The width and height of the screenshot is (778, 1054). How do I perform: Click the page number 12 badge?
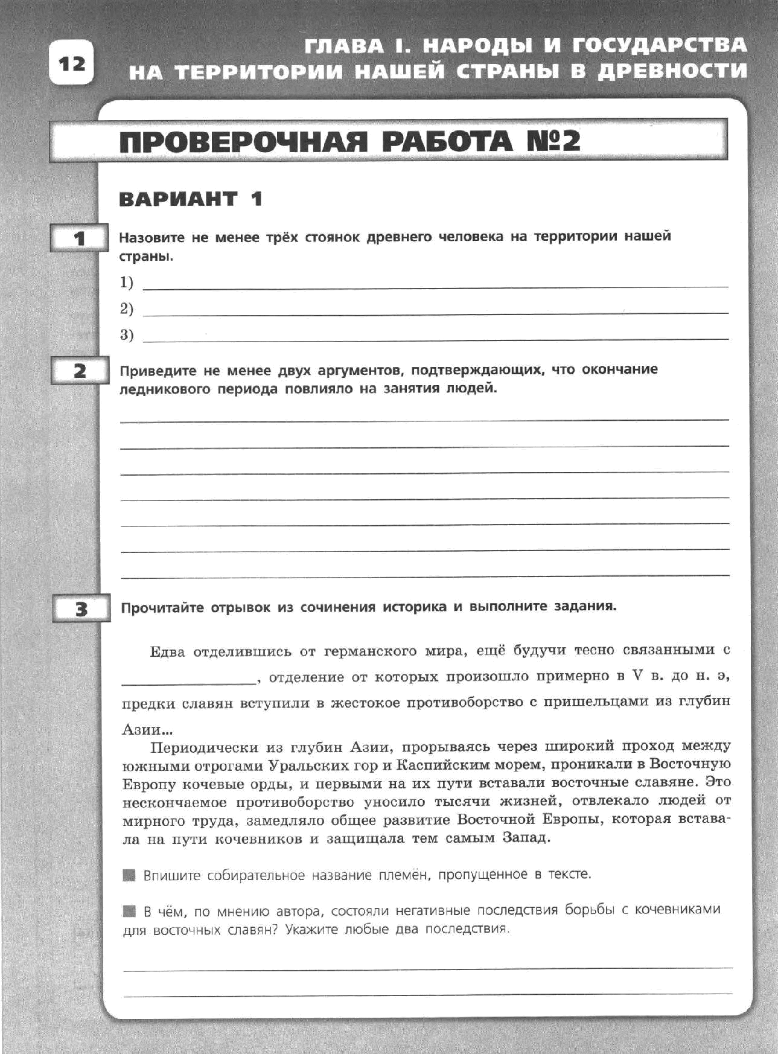click(72, 62)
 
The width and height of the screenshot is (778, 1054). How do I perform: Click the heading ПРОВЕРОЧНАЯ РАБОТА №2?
click(349, 142)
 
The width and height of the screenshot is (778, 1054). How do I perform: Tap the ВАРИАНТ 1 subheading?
click(191, 199)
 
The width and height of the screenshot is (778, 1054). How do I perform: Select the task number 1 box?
click(79, 238)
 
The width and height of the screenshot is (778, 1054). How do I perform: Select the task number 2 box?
click(80, 371)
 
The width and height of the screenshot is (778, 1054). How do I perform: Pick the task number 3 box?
click(81, 609)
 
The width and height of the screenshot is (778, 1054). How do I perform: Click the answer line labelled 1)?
click(435, 287)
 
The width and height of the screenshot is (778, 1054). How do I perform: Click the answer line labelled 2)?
click(435, 314)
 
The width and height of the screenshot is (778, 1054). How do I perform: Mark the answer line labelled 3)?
click(435, 340)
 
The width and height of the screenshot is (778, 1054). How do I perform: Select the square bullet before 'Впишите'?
click(129, 875)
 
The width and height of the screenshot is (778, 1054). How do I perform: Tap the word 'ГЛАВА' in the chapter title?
click(343, 46)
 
